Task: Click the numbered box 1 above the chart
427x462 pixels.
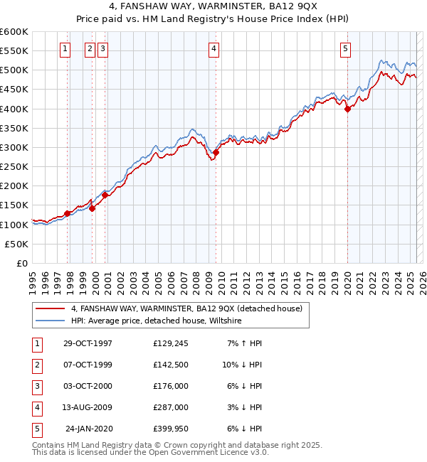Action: (65, 49)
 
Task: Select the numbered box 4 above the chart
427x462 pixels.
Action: (213, 49)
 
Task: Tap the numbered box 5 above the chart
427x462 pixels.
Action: (345, 49)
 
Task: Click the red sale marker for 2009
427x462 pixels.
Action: (216, 152)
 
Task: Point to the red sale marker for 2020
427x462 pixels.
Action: (347, 109)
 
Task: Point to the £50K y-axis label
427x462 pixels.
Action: (16, 244)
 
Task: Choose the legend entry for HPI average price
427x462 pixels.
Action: (156, 321)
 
